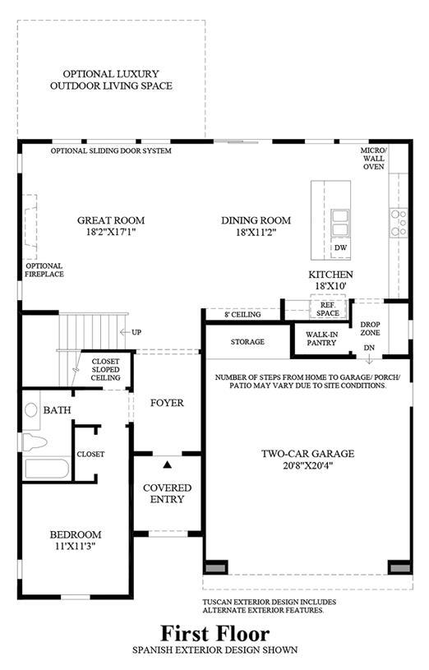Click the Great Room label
point(111,220)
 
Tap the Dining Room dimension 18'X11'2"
point(256,233)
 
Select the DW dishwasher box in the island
point(340,247)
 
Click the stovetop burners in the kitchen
point(399,223)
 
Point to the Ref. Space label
point(328,309)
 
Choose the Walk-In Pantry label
point(321,339)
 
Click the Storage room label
point(247,342)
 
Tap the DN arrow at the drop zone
point(369,360)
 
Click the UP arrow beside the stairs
point(124,332)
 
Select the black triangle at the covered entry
point(168,464)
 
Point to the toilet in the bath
point(34,441)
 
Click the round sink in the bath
point(31,410)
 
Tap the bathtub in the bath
point(47,469)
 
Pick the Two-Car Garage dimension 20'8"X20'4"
point(307,465)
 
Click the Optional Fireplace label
point(44,270)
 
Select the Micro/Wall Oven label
point(373,159)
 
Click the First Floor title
point(215,634)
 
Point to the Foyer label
point(167,403)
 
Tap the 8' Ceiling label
point(242,315)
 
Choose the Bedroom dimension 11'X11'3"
point(76,546)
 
